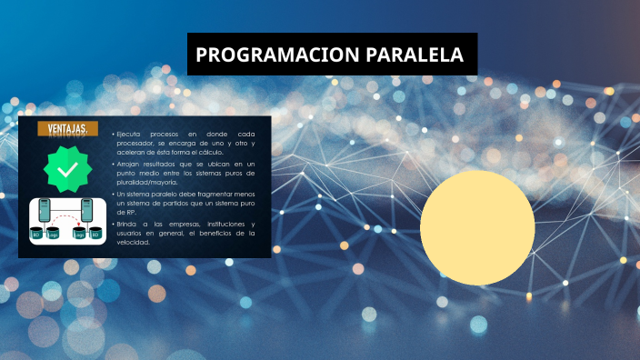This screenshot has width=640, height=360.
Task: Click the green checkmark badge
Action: [67, 170]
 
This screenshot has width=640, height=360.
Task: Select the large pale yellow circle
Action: [477, 227]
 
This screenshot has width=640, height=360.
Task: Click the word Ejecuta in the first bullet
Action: [129, 134]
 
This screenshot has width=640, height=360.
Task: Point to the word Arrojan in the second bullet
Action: [130, 163]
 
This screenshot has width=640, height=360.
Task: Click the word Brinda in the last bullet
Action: [128, 224]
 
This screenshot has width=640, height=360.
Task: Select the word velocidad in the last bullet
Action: [134, 242]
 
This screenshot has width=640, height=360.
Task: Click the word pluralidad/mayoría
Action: [146, 182]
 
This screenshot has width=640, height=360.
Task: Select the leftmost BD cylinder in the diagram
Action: [37, 233]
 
